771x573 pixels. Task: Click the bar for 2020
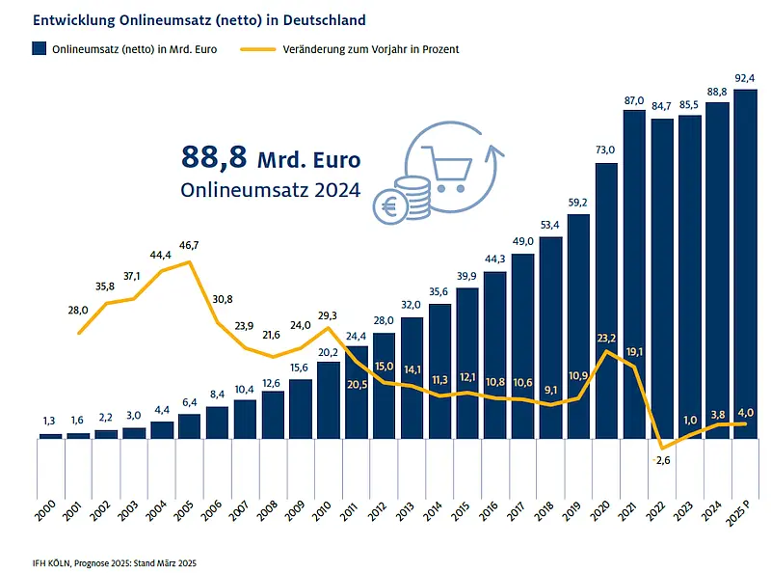(606, 301)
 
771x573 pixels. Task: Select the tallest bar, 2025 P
(745, 264)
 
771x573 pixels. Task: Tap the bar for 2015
(467, 364)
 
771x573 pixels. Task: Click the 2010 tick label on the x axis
(322, 511)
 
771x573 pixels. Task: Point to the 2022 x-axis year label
(655, 511)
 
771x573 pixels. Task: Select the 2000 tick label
(44, 511)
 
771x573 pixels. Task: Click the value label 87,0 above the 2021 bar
(634, 101)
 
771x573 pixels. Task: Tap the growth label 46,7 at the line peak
(189, 245)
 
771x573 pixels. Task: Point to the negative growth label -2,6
(662, 460)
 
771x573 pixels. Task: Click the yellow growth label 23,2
(606, 339)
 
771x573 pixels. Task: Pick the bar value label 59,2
(577, 203)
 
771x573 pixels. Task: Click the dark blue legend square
(40, 48)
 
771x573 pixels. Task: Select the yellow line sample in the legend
(257, 49)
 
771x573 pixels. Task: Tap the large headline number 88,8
(214, 157)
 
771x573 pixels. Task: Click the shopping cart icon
(447, 169)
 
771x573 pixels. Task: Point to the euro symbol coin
(390, 207)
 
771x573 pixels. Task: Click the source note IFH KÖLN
(52, 562)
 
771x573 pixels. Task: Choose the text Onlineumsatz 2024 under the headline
(271, 190)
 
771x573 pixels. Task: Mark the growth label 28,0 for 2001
(78, 310)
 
